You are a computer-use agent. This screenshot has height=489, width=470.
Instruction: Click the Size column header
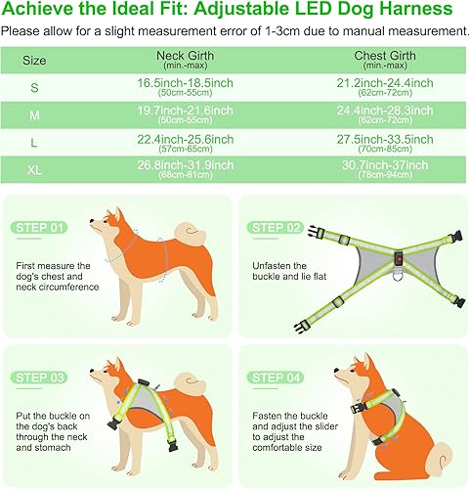pyautogui.click(x=34, y=60)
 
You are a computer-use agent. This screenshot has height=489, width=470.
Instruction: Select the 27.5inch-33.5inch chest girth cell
pyautogui.click(x=391, y=142)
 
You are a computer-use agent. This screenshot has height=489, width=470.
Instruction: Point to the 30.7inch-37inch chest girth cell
pyautogui.click(x=391, y=167)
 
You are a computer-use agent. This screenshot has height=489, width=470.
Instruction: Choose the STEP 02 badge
pyautogui.click(x=277, y=228)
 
